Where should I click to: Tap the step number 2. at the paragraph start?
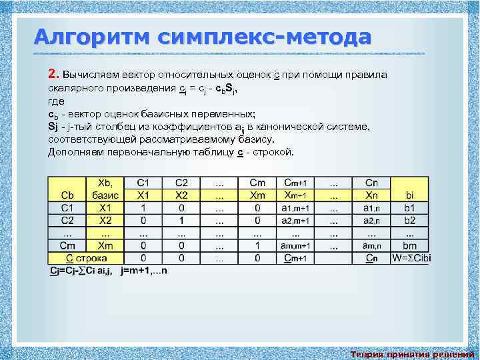[x=54, y=74]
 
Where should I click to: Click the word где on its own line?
[x=56, y=101]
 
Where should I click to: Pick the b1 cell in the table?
[x=409, y=208]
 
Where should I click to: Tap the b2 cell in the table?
[x=409, y=220]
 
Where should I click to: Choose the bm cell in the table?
[x=409, y=245]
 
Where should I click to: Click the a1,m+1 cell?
[x=295, y=208]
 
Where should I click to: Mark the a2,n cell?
[x=371, y=220]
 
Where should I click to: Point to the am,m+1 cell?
[x=295, y=245]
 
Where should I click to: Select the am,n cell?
[x=371, y=245]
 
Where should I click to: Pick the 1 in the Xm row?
[x=257, y=245]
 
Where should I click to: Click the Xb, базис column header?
[x=105, y=189]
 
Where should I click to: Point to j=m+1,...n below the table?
[x=144, y=270]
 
